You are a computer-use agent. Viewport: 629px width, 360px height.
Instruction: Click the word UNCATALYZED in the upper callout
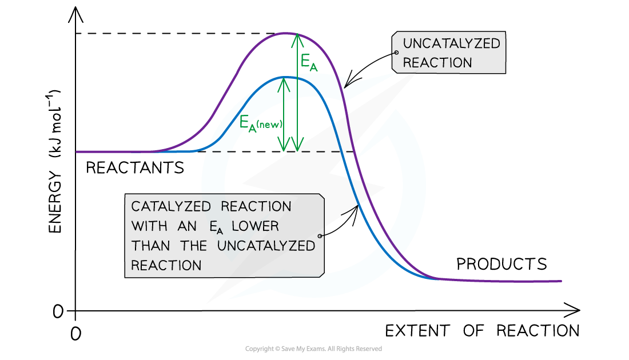(x=451, y=44)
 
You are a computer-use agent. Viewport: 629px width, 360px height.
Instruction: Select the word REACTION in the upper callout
(x=437, y=63)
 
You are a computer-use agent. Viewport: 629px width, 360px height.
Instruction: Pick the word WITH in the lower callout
(x=149, y=226)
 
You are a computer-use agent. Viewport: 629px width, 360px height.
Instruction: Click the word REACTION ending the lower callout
(x=166, y=266)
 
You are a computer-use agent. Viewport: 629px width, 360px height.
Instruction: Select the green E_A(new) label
(x=260, y=122)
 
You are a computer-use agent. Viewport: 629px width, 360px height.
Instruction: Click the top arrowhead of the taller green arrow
(x=297, y=38)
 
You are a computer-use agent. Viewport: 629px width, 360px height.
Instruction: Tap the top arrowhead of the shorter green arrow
(x=283, y=82)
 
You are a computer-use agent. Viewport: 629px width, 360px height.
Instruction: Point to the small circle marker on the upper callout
(x=396, y=53)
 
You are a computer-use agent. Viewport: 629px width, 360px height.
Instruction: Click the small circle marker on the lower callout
(x=320, y=235)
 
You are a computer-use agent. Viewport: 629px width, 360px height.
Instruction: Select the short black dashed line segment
(x=222, y=151)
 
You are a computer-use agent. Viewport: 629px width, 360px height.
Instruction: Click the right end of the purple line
(x=561, y=281)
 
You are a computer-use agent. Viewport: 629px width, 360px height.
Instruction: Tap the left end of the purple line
(x=77, y=151)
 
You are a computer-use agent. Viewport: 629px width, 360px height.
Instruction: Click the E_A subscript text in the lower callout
(x=214, y=227)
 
